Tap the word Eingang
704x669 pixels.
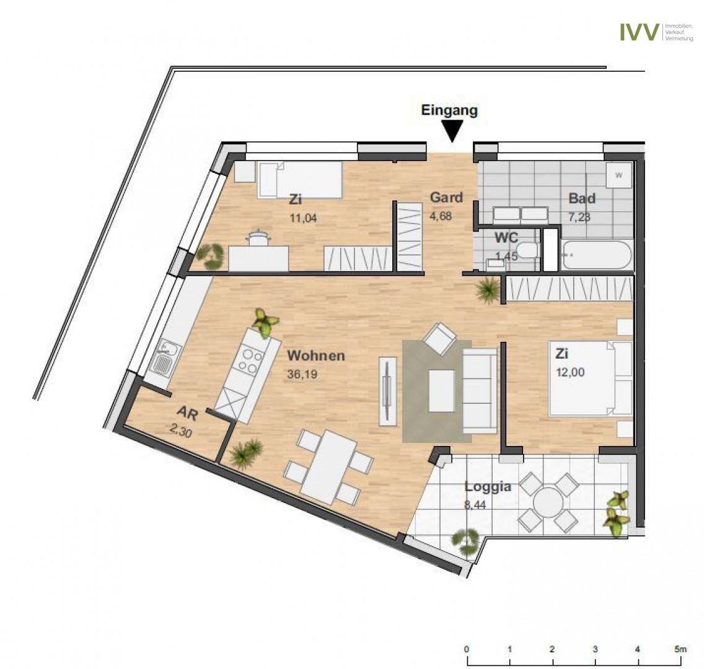[449, 110]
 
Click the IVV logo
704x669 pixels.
[640, 32]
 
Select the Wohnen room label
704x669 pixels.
[316, 356]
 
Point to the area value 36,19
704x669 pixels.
[302, 374]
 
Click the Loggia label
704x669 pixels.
[488, 486]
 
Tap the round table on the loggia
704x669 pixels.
[548, 502]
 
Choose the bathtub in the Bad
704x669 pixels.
[597, 255]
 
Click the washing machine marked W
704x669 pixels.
[618, 175]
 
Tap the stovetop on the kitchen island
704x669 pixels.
[248, 362]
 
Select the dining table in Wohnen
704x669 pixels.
[329, 461]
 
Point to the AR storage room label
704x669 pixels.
[188, 413]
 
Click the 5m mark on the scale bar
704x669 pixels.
[680, 649]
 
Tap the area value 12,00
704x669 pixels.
[570, 372]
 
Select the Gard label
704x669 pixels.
[446, 197]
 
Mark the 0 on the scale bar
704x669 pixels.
[467, 649]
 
